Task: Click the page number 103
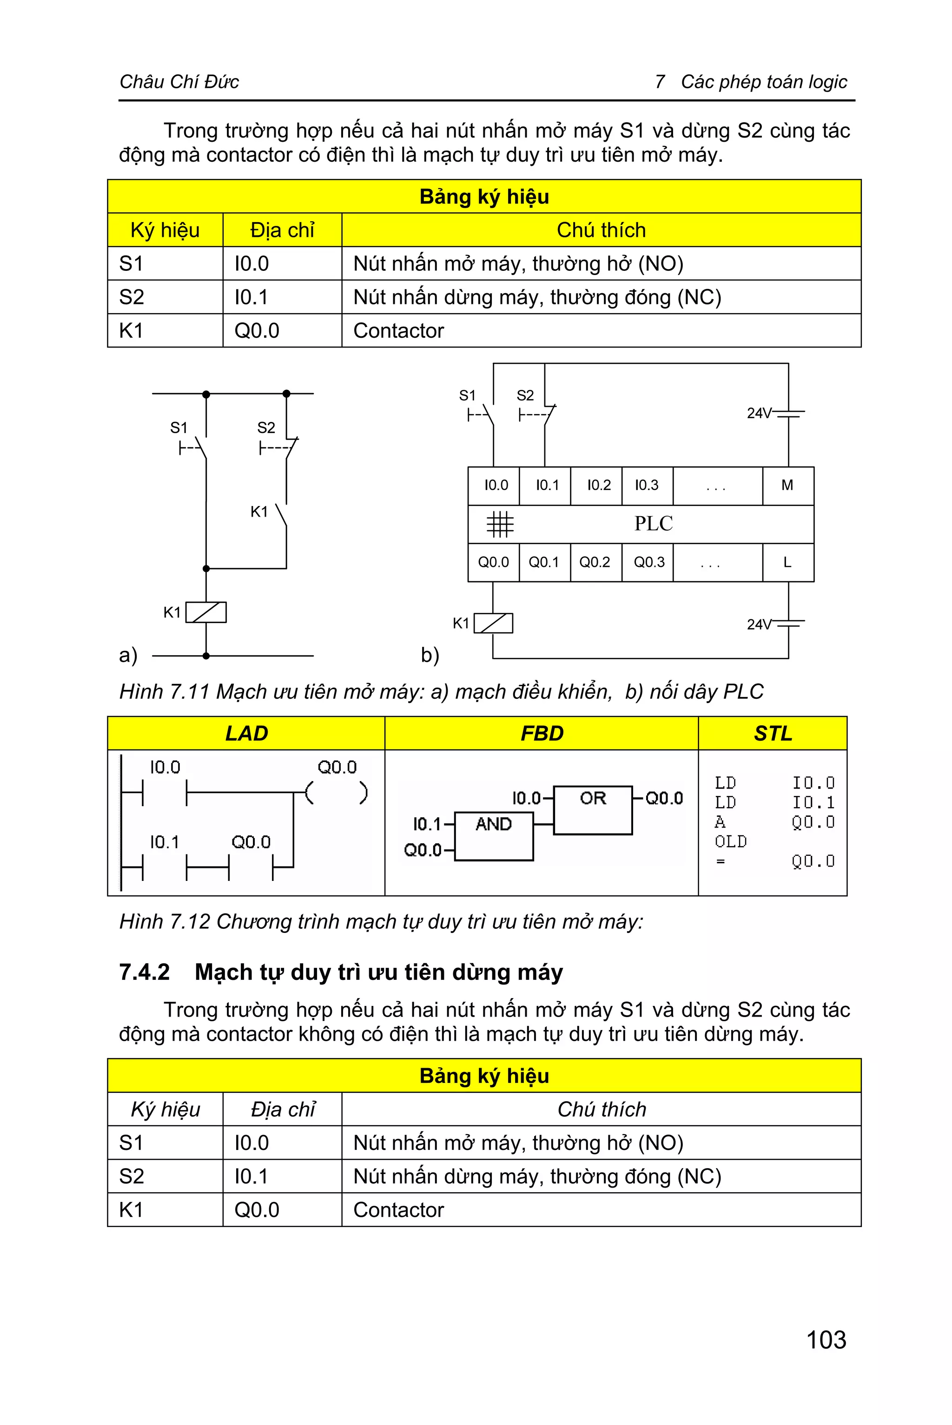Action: (x=826, y=1340)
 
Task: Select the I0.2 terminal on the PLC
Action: (x=598, y=486)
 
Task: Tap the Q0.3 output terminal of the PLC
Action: (x=648, y=563)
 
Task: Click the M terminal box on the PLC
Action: (x=787, y=486)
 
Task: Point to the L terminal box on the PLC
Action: (x=787, y=563)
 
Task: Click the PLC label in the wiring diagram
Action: (x=653, y=524)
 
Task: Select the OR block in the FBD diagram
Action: (x=593, y=809)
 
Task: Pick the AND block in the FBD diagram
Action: (x=493, y=836)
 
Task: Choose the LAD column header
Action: (x=246, y=733)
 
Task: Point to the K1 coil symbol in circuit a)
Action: (x=206, y=612)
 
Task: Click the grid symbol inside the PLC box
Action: (x=500, y=524)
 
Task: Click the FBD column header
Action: (x=542, y=733)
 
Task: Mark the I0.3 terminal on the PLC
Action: (x=647, y=486)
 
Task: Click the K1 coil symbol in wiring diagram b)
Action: (x=493, y=623)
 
